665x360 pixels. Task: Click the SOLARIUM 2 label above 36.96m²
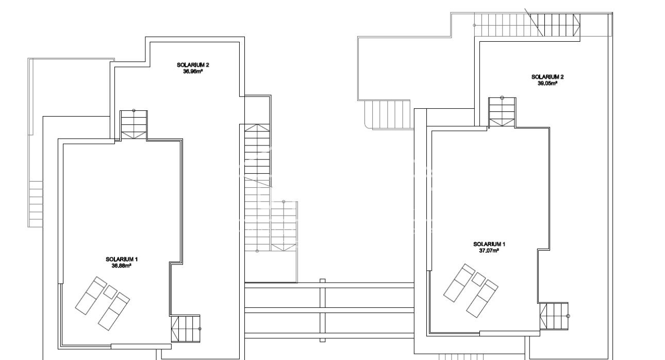pyautogui.click(x=193, y=65)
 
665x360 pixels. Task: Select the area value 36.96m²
pyautogui.click(x=193, y=72)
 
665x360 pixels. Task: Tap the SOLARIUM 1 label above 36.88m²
pyautogui.click(x=122, y=259)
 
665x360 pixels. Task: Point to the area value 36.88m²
pyautogui.click(x=122, y=266)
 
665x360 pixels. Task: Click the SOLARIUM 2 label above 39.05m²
pyautogui.click(x=547, y=77)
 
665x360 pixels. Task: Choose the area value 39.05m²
pyautogui.click(x=547, y=83)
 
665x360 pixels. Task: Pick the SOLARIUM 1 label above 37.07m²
pyautogui.click(x=489, y=244)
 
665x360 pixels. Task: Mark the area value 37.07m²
pyautogui.click(x=489, y=251)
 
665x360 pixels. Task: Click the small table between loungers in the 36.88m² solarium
pyautogui.click(x=110, y=292)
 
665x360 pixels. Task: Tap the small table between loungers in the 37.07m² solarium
pyautogui.click(x=478, y=279)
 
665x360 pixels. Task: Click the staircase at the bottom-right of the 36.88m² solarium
pyautogui.click(x=185, y=328)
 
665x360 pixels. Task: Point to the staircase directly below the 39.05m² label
pyautogui.click(x=502, y=111)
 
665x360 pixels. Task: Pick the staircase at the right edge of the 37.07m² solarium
pyautogui.click(x=554, y=316)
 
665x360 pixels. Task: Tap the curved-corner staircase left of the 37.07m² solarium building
pyautogui.click(x=387, y=114)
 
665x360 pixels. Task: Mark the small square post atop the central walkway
pyautogui.click(x=323, y=281)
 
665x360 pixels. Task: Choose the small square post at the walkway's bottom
pyautogui.click(x=323, y=339)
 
